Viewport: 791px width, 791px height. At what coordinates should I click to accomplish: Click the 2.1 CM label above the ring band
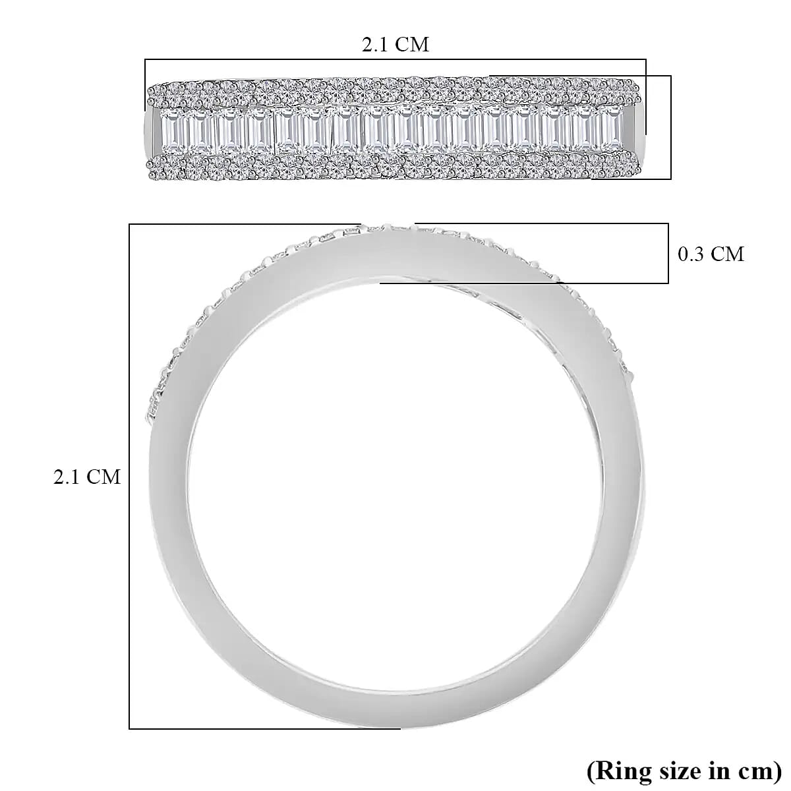(395, 45)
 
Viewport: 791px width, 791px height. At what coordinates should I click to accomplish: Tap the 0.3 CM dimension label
(711, 254)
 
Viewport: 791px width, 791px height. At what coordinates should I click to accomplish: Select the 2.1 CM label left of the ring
(87, 477)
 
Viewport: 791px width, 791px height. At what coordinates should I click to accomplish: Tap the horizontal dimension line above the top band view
(395, 60)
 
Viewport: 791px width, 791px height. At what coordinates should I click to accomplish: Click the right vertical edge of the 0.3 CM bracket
(668, 254)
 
